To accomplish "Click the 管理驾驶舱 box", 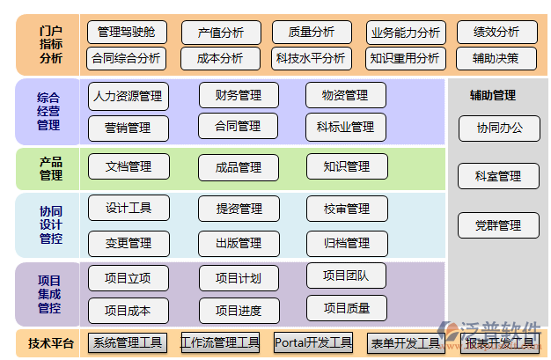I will (127, 33).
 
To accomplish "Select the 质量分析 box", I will (312, 33).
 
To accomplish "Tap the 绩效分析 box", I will (496, 33).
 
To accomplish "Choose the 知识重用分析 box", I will (404, 59).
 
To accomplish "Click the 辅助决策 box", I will (496, 59).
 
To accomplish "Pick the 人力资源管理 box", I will (129, 96).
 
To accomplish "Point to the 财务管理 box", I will (239, 95).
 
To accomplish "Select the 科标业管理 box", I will (346, 127).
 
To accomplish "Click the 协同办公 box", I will (499, 128).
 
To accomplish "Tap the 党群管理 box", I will (498, 225).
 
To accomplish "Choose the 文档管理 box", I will (129, 166).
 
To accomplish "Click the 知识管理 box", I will (346, 166).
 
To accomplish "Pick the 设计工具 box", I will (129, 209).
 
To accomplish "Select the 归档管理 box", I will (346, 243).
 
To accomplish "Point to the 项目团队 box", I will (346, 276).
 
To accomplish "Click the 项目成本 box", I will (129, 311).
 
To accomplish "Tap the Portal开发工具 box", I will (313, 342).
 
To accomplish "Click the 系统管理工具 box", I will (129, 342).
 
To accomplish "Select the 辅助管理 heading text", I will (493, 95).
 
